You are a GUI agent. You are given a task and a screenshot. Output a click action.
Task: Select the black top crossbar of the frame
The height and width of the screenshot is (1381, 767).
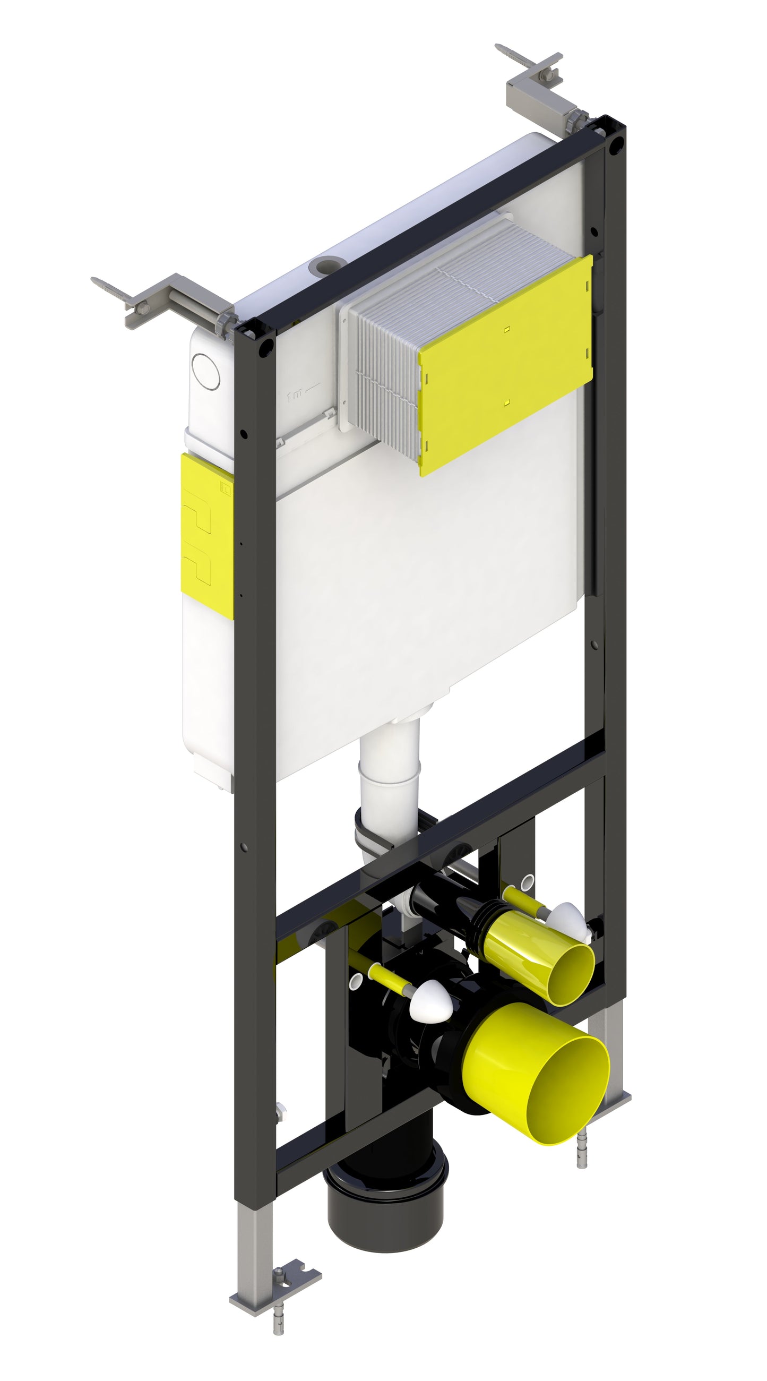pos(429,225)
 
